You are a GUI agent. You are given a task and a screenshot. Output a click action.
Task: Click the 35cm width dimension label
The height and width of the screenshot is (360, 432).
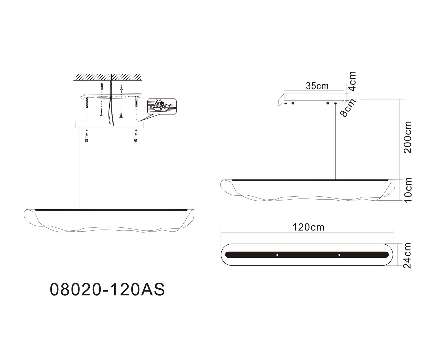317,86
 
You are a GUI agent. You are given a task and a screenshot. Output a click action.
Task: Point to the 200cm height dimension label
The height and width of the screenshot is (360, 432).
408,137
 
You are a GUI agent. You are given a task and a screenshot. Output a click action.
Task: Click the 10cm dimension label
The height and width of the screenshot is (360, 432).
408,189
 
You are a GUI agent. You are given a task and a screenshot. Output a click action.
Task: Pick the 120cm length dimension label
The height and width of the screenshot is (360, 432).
308,227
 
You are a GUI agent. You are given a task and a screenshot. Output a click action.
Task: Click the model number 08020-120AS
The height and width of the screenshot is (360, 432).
107,289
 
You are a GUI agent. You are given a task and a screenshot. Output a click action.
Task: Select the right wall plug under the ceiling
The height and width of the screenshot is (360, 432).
121,89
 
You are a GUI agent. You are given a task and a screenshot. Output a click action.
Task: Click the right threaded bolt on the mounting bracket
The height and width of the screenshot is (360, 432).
136,101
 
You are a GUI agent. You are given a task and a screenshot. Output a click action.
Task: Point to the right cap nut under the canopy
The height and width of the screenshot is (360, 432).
136,140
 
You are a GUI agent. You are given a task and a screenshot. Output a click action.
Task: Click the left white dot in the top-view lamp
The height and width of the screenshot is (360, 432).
277,255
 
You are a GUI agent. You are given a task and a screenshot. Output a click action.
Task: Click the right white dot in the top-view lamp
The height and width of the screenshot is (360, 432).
339,255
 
